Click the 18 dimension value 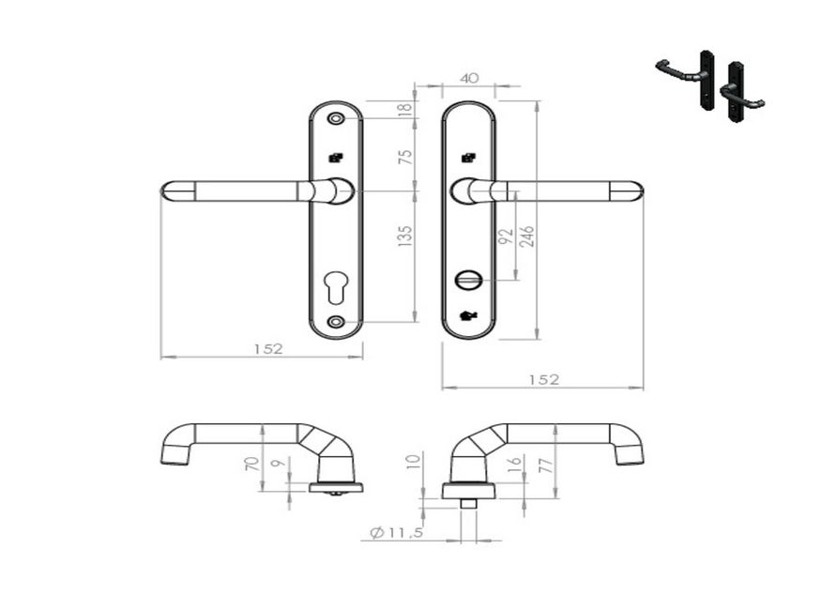(x=405, y=109)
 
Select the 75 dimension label (x=405, y=156)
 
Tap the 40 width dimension (x=472, y=80)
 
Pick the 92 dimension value (x=507, y=236)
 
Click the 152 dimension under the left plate (x=268, y=348)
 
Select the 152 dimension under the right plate (x=542, y=379)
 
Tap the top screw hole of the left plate (x=336, y=120)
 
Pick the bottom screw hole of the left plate (x=336, y=322)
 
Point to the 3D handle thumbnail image (x=710, y=83)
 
